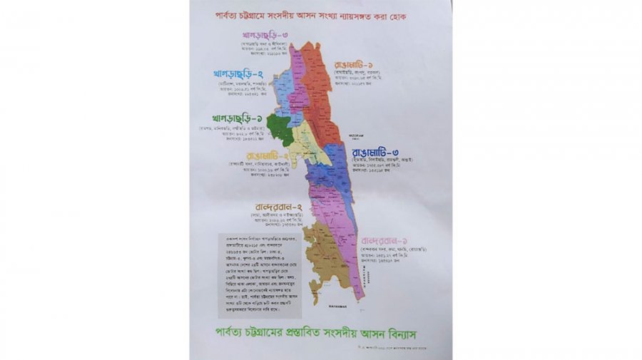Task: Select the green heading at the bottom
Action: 320,333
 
